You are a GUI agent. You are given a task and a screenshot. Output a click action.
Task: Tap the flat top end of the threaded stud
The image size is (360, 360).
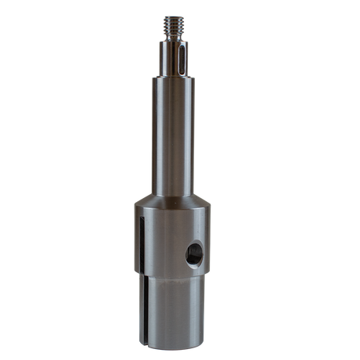tap(171, 15)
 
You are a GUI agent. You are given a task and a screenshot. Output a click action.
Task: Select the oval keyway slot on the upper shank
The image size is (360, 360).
tap(180, 61)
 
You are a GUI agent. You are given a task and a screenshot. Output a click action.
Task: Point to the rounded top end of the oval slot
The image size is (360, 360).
tap(180, 49)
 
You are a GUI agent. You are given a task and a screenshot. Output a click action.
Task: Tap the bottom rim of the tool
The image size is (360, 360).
tap(171, 342)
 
